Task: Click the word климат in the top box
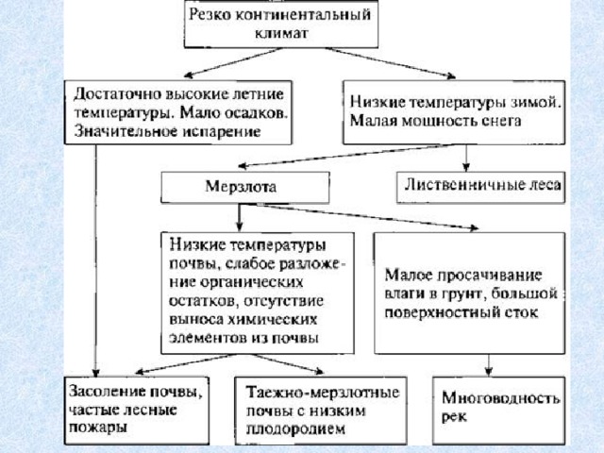pos(281,33)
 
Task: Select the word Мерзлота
pos(241,187)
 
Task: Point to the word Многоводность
pos(500,397)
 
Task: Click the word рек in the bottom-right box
pos(454,417)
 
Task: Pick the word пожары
pos(97,428)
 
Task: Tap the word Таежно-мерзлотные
pos(323,393)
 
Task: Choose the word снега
pos(501,121)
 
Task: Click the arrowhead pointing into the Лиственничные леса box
pos(466,167)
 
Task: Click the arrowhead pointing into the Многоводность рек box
pos(489,371)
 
